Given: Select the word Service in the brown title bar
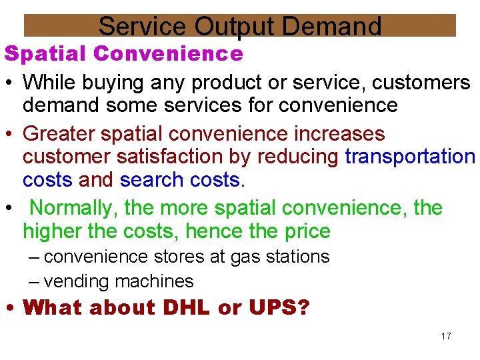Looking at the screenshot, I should point(142,27).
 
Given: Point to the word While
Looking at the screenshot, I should point(51,83).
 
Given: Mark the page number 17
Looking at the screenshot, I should point(446,336).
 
